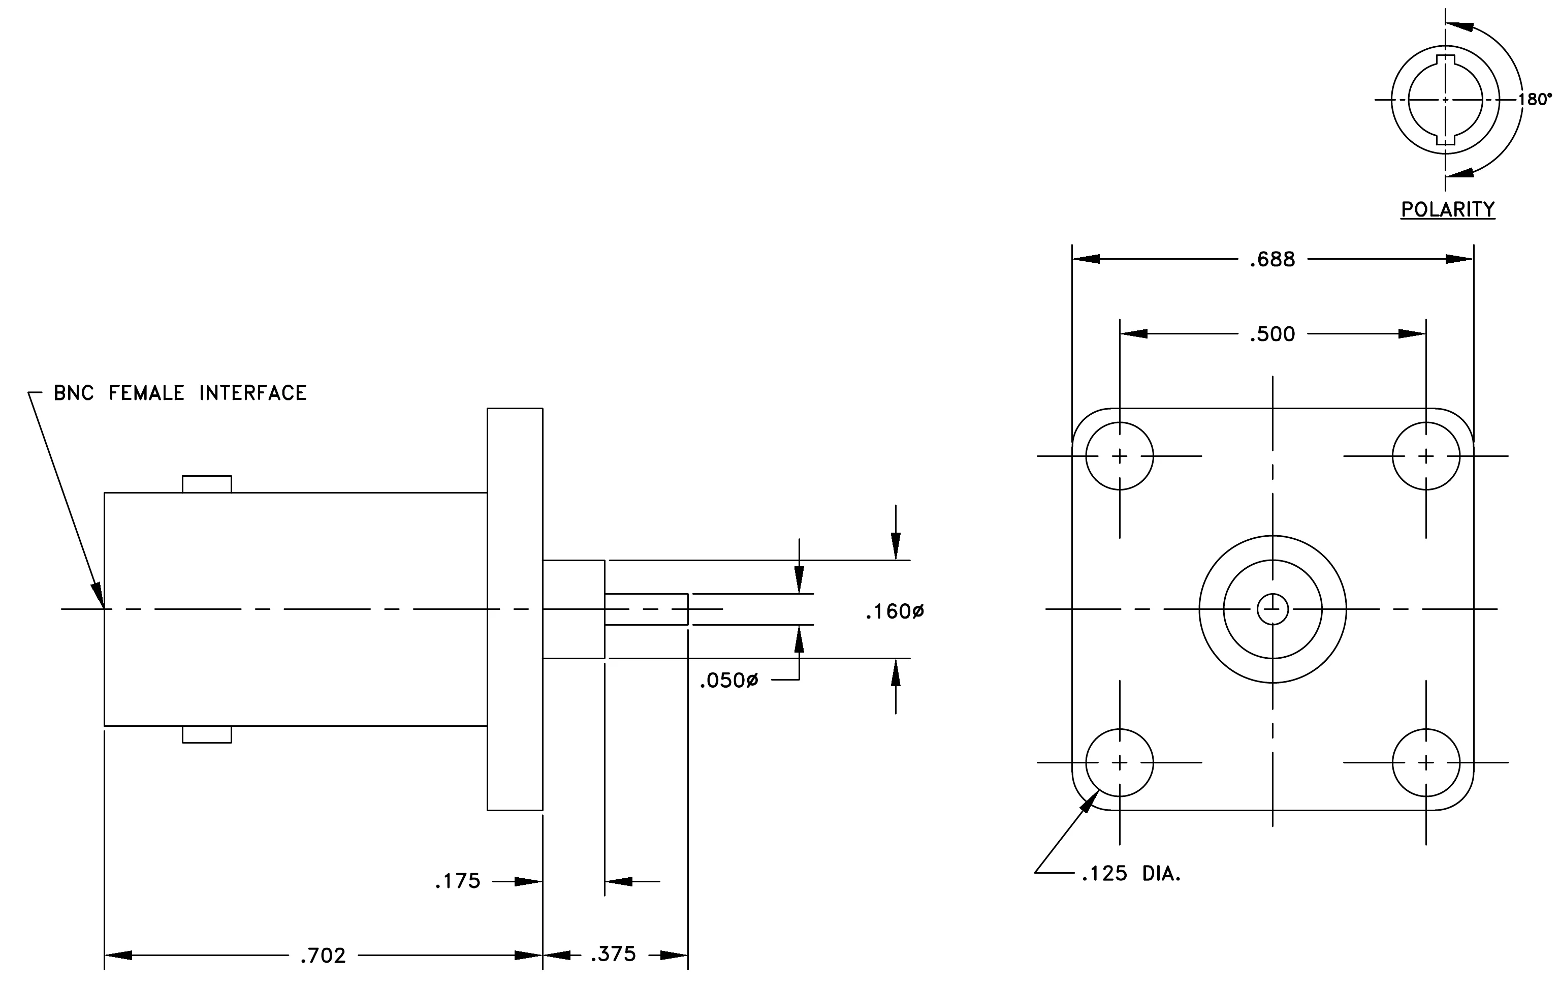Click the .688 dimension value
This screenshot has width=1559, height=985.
click(1271, 260)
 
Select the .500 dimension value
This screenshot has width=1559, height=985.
click(1271, 334)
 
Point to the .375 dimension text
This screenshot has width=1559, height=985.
click(613, 955)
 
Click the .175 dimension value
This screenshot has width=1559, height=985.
click(457, 881)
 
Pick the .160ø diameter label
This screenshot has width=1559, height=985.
click(895, 611)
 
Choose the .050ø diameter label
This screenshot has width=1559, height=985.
click(728, 681)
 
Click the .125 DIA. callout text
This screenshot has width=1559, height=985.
click(1131, 874)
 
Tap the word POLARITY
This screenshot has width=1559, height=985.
click(1448, 209)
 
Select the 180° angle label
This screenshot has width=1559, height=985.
click(1535, 99)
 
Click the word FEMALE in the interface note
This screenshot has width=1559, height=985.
click(146, 392)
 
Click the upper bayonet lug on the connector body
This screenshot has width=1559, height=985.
click(207, 484)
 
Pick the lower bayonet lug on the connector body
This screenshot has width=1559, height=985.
click(207, 734)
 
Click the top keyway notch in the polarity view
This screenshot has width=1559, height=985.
click(1445, 61)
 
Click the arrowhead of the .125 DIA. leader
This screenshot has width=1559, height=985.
click(1089, 801)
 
